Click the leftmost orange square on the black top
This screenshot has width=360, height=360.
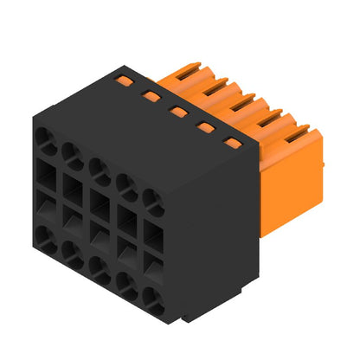[x=125, y=80]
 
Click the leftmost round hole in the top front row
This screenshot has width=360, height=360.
[x=43, y=140]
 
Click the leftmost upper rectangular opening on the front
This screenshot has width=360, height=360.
[x=44, y=171]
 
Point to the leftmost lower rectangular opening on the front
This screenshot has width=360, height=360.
[x=44, y=208]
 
